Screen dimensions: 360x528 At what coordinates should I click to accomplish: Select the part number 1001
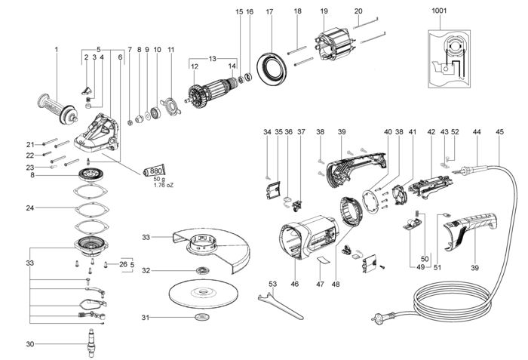(439, 11)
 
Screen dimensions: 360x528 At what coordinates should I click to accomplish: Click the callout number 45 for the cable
(499, 132)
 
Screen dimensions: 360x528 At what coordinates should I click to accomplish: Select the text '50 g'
(158, 180)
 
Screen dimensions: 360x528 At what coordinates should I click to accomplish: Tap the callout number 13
(213, 58)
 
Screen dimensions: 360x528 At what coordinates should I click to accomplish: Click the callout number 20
(358, 11)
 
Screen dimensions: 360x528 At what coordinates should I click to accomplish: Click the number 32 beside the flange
(147, 269)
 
